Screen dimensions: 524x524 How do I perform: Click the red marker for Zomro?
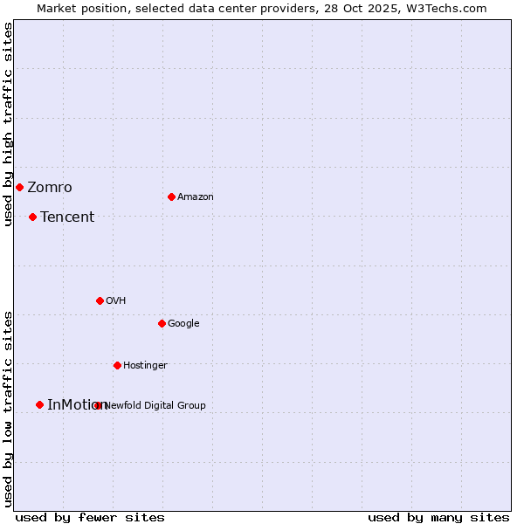(x=19, y=187)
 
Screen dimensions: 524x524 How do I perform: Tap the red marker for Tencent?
(x=32, y=217)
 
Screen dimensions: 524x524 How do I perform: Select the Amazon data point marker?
(x=171, y=196)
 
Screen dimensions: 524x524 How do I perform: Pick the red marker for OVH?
(x=100, y=300)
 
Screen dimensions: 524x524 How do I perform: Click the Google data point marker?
(x=162, y=323)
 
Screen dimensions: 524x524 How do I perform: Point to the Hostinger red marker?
(x=117, y=365)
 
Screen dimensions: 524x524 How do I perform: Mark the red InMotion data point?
(x=39, y=404)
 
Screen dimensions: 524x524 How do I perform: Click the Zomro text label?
(x=50, y=188)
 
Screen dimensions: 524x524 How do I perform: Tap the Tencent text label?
(x=67, y=217)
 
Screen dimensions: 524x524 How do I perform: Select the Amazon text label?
(x=196, y=197)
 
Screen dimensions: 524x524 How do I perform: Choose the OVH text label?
(x=116, y=301)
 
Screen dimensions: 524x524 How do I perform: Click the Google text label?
(x=183, y=324)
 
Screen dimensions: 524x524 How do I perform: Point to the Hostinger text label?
(x=145, y=366)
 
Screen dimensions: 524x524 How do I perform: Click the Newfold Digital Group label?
(x=155, y=405)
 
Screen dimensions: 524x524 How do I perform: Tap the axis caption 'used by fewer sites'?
(x=90, y=517)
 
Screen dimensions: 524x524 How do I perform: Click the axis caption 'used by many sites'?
(x=438, y=517)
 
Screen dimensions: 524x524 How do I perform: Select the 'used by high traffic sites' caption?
(x=8, y=124)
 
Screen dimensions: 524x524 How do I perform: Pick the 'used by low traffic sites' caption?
(x=8, y=408)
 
